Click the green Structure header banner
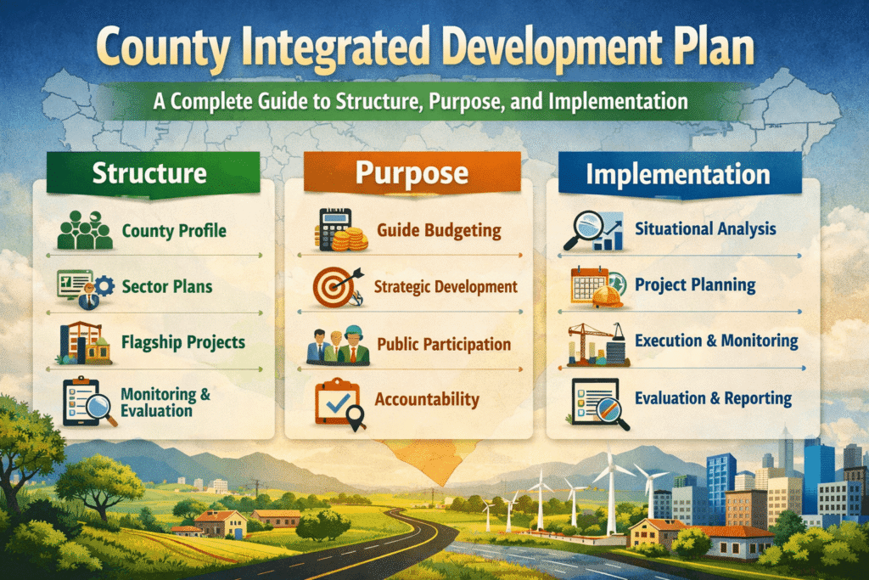[x=149, y=173]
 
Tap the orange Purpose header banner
[x=412, y=173]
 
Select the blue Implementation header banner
[x=678, y=175]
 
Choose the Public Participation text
[x=444, y=344]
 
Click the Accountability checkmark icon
[x=339, y=400]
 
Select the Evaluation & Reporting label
[x=713, y=398]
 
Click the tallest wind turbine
[x=611, y=493]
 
